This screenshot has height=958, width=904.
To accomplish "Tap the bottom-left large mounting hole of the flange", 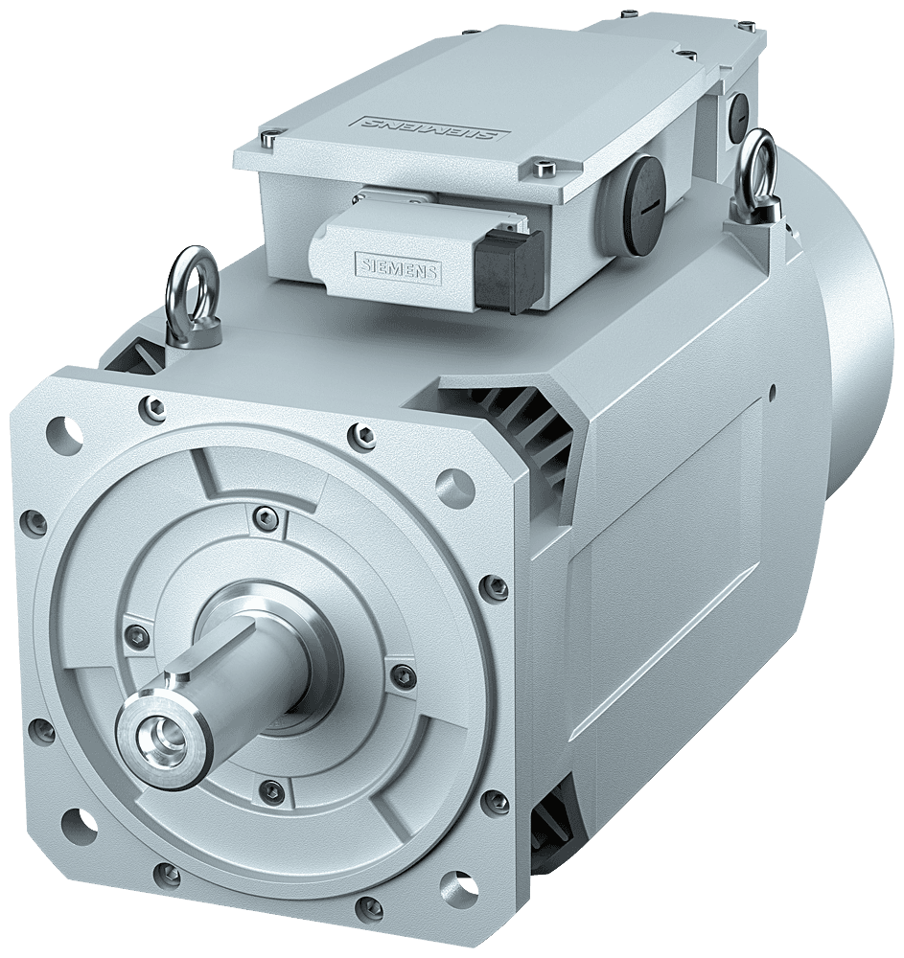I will [x=79, y=824].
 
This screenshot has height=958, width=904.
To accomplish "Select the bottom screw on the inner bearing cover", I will [x=273, y=789].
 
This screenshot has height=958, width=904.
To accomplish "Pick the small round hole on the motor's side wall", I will [x=773, y=392].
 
